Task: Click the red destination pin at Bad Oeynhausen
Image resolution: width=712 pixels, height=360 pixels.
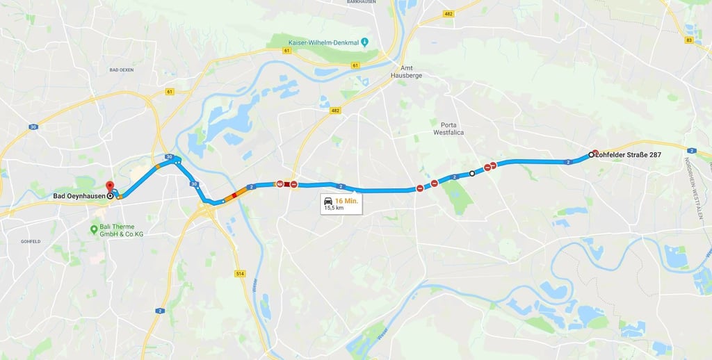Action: pyautogui.click(x=108, y=186)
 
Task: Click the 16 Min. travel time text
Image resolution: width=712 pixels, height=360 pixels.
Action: pyautogui.click(x=346, y=200)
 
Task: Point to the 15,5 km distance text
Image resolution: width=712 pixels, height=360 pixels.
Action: pyautogui.click(x=334, y=208)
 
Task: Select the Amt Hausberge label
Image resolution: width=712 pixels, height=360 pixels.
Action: pyautogui.click(x=406, y=70)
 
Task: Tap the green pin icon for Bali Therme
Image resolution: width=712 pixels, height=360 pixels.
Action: pyautogui.click(x=95, y=228)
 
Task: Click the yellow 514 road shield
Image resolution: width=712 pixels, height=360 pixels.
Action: pyautogui.click(x=241, y=274)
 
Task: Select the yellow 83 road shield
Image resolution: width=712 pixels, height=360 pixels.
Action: pyautogui.click(x=688, y=40)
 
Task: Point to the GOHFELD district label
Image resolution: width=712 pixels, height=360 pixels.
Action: pyautogui.click(x=30, y=241)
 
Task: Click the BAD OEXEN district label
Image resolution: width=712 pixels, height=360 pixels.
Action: pyautogui.click(x=122, y=70)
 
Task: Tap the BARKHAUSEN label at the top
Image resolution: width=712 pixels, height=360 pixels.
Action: pyautogui.click(x=361, y=2)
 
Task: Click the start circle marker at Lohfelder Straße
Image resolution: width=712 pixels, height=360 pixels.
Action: pyautogui.click(x=591, y=154)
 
